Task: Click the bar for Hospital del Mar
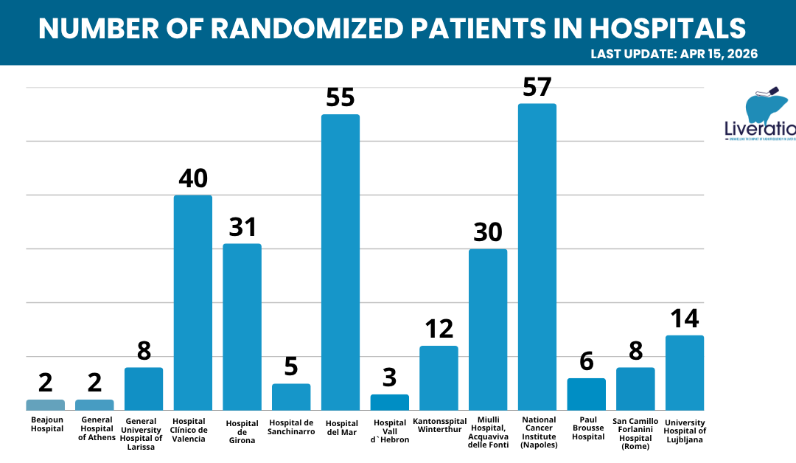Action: pyautogui.click(x=341, y=262)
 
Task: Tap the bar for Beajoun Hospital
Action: pyautogui.click(x=45, y=405)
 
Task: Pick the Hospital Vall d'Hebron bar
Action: pyautogui.click(x=390, y=403)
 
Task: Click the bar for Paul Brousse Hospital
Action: pyautogui.click(x=587, y=394)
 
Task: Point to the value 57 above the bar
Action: pyautogui.click(x=537, y=87)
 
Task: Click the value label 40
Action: pyautogui.click(x=193, y=178)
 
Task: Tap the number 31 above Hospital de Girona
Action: pyautogui.click(x=242, y=227)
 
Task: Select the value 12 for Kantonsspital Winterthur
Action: pyautogui.click(x=439, y=329)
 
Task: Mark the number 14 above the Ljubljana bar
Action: pyautogui.click(x=685, y=318)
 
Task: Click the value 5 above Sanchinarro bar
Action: pyautogui.click(x=291, y=367)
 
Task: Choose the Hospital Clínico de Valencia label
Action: pyautogui.click(x=193, y=430)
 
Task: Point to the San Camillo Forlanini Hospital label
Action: pyautogui.click(x=635, y=434)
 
